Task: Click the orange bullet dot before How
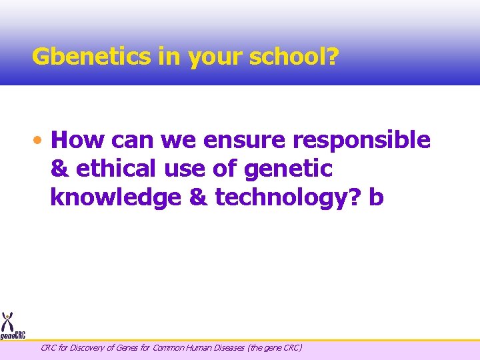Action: [x=41, y=141]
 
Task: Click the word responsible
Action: [x=364, y=141]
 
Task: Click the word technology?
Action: [x=287, y=198]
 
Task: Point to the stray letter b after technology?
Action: [x=377, y=198]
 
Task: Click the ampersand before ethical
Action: [x=59, y=169]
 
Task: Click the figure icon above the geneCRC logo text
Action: [x=8, y=321]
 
